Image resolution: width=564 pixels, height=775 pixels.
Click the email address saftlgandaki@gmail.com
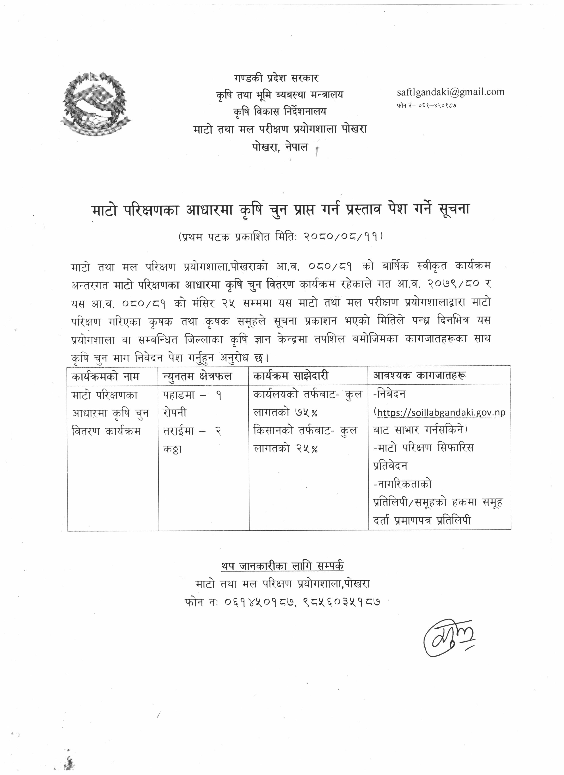[x=451, y=92]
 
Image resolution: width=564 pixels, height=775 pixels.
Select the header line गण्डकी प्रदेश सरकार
[x=276, y=78]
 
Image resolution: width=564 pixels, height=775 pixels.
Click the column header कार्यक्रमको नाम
[x=105, y=376]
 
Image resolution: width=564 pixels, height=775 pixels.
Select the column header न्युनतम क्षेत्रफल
[x=197, y=376]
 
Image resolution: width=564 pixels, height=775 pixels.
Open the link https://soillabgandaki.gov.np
[x=441, y=412]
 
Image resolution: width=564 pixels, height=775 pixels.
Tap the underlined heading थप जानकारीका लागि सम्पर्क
[x=282, y=566]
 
